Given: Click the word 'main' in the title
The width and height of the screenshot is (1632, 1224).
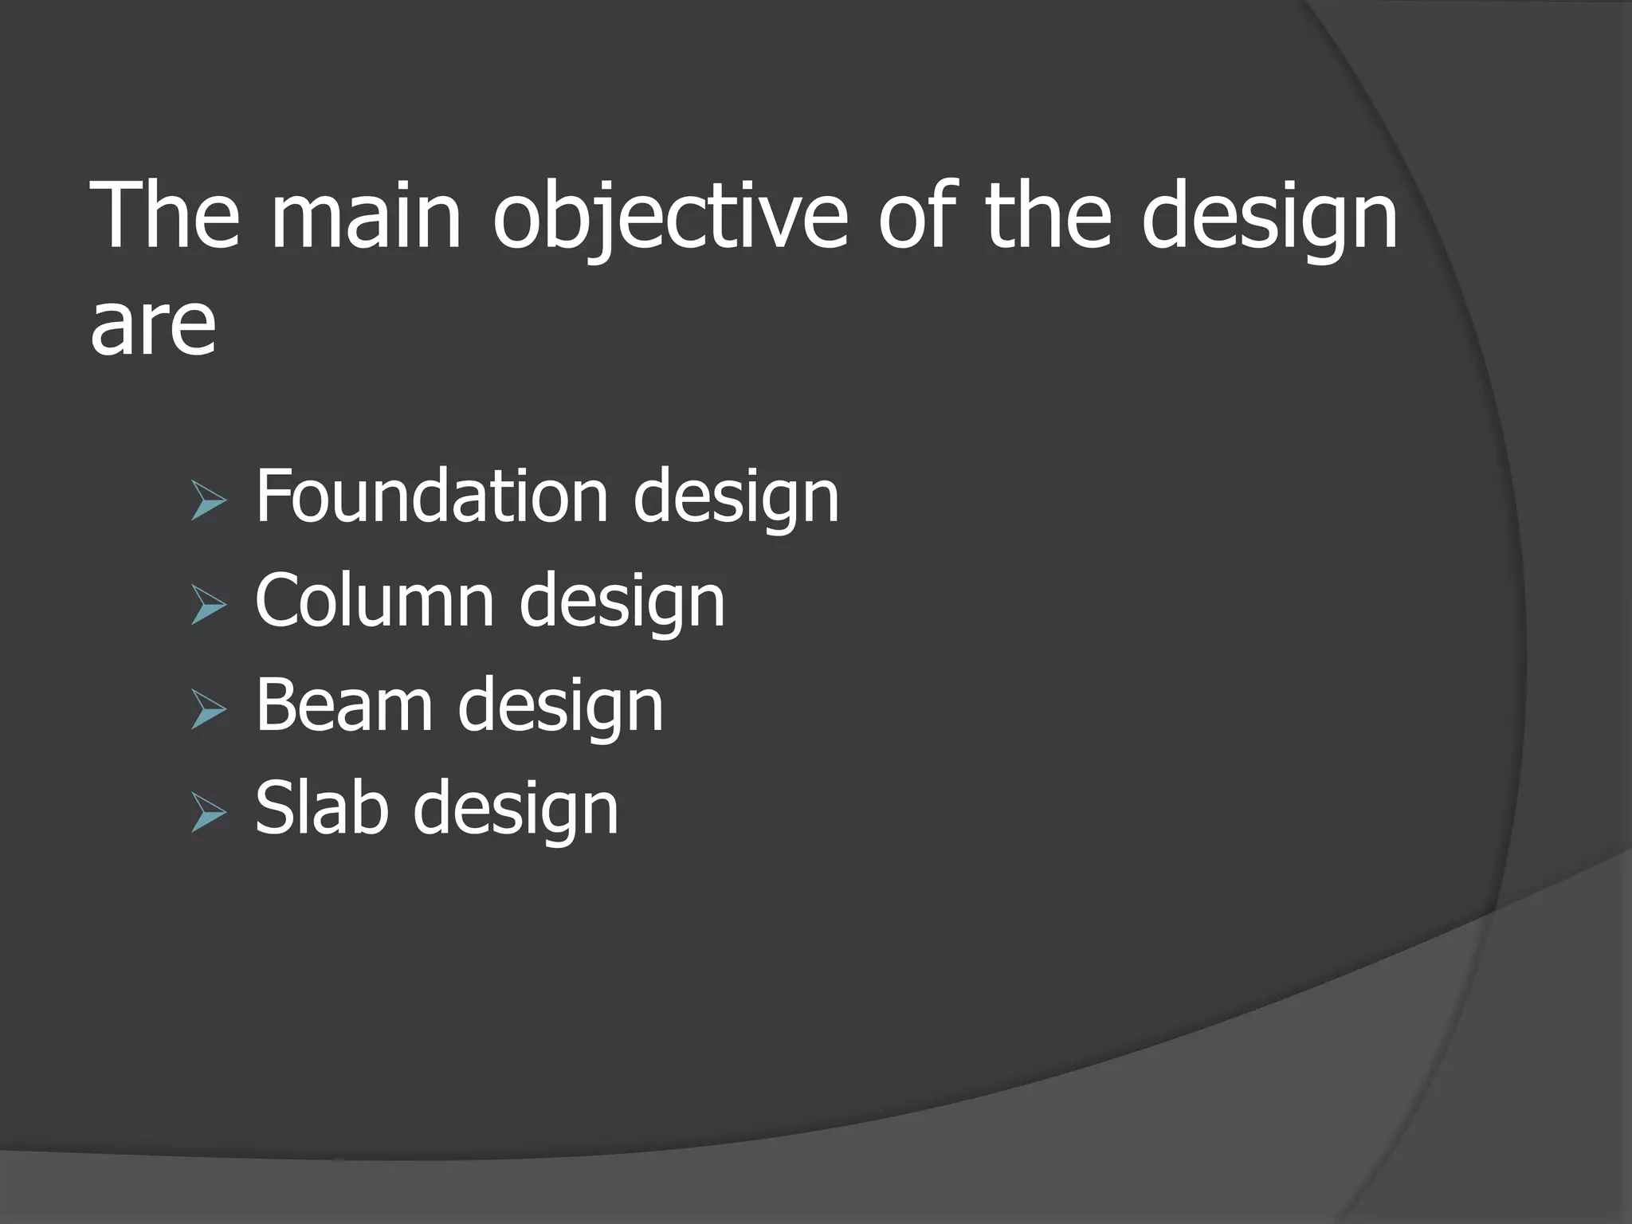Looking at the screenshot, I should click(366, 217).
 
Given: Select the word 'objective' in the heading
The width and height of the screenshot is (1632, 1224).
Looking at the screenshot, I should click(670, 217).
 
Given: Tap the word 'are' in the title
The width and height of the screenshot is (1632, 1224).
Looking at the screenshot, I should click(152, 325).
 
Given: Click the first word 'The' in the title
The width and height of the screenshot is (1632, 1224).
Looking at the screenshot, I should click(165, 217).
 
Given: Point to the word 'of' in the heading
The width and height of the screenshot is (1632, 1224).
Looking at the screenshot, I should click(916, 217).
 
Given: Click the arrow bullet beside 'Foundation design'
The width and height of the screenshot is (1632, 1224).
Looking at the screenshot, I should click(209, 503).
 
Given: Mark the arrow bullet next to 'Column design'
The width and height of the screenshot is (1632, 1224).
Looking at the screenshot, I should click(209, 606).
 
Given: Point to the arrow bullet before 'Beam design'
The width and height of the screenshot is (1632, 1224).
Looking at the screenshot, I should click(209, 710).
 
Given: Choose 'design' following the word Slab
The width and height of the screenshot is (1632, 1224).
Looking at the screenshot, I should click(516, 810).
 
